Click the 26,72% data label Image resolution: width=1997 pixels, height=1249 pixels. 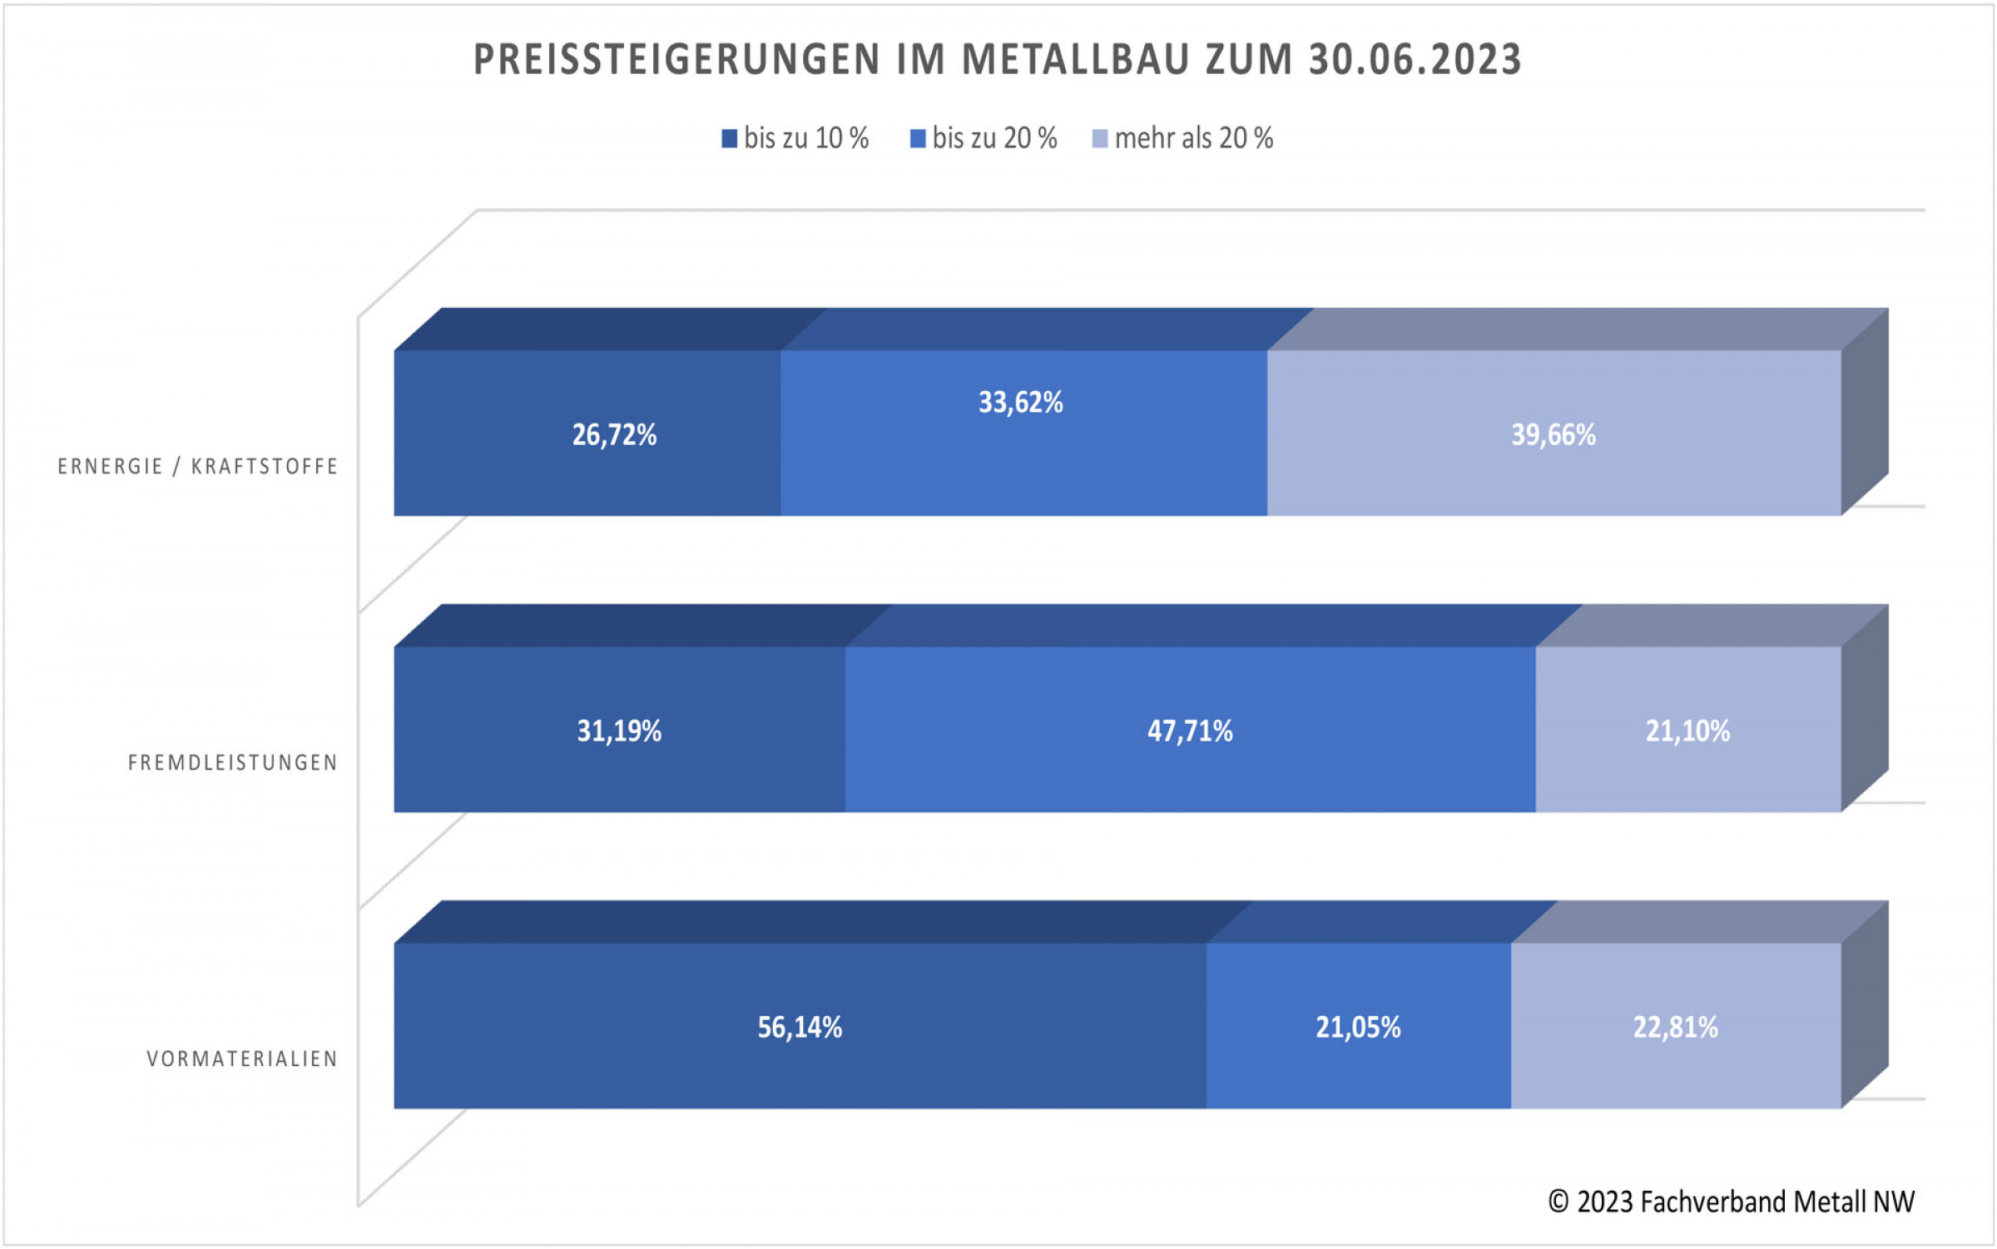tap(614, 434)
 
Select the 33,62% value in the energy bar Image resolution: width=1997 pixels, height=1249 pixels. tap(1020, 403)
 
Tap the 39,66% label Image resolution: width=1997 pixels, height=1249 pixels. tap(1553, 434)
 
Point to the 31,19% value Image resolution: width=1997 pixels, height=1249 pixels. tap(619, 731)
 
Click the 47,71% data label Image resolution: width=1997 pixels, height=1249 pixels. tap(1189, 731)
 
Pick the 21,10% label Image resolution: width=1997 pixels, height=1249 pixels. tap(1687, 731)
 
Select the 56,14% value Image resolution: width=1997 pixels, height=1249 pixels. tap(799, 1027)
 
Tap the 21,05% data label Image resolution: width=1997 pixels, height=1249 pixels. tap(1357, 1027)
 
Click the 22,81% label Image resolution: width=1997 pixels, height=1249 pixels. tap(1675, 1027)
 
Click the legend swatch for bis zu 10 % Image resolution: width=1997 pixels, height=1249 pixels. tap(729, 139)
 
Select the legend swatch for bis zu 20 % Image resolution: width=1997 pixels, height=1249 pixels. tap(918, 139)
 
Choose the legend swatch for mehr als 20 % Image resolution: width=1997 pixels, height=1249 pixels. tap(1099, 139)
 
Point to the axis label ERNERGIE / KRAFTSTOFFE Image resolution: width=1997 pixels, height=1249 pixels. tap(198, 467)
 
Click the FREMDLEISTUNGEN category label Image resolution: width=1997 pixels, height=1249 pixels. tap(233, 763)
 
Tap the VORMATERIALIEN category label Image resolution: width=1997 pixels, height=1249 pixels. tap(242, 1059)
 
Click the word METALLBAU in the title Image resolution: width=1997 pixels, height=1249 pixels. tap(1074, 60)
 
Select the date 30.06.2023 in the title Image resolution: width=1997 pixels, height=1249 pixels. tap(1415, 60)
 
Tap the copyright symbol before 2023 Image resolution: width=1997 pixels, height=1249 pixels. tap(1558, 1202)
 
